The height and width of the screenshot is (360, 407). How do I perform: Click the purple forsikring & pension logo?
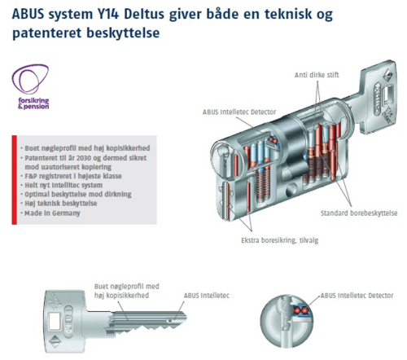(x=29, y=85)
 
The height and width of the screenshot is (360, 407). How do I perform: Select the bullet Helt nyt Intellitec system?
(x=61, y=186)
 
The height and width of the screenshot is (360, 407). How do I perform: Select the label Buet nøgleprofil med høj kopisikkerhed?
(x=137, y=291)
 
